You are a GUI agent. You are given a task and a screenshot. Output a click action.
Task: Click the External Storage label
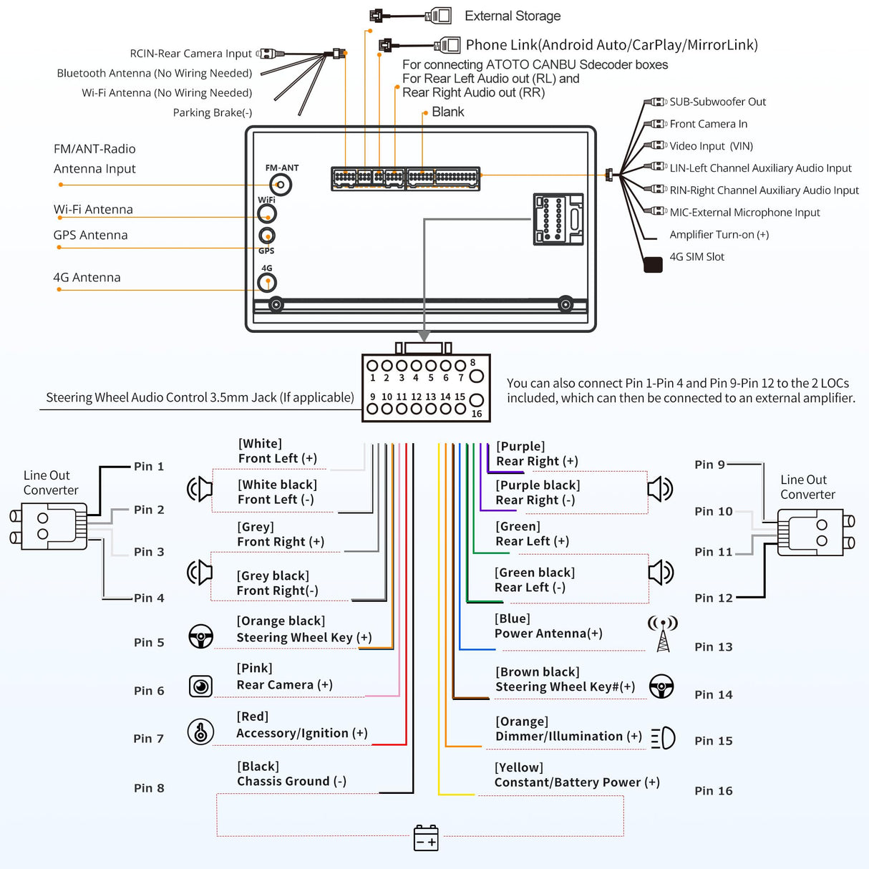(512, 16)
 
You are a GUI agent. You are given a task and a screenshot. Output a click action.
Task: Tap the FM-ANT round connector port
(281, 185)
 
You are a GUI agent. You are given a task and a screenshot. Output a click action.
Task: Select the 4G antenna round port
(267, 283)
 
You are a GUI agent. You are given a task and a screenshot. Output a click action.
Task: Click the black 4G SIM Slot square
(653, 265)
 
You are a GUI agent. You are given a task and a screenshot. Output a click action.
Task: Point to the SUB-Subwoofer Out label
(717, 102)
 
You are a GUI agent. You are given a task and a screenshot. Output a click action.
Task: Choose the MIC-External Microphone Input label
(744, 213)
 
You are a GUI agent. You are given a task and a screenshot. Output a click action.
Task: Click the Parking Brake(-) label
(212, 112)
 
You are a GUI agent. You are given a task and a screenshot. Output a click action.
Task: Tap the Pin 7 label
(149, 739)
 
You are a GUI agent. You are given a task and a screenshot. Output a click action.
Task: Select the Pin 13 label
(714, 647)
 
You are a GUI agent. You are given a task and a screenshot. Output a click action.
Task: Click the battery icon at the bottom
(426, 838)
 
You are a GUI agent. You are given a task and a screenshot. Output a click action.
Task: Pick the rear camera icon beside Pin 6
(200, 686)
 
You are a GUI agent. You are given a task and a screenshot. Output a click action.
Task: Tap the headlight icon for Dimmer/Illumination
(664, 737)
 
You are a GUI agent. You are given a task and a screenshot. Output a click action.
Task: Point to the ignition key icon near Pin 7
(200, 732)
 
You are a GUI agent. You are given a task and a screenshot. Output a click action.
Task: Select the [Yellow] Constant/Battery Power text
(576, 775)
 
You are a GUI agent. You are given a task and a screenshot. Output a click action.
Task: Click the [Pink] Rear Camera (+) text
(284, 676)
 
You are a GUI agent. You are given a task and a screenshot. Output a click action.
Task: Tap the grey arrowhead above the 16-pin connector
(424, 336)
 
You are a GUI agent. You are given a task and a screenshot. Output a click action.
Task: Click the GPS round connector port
(267, 236)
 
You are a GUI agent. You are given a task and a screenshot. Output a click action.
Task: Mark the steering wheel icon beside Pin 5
(200, 636)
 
